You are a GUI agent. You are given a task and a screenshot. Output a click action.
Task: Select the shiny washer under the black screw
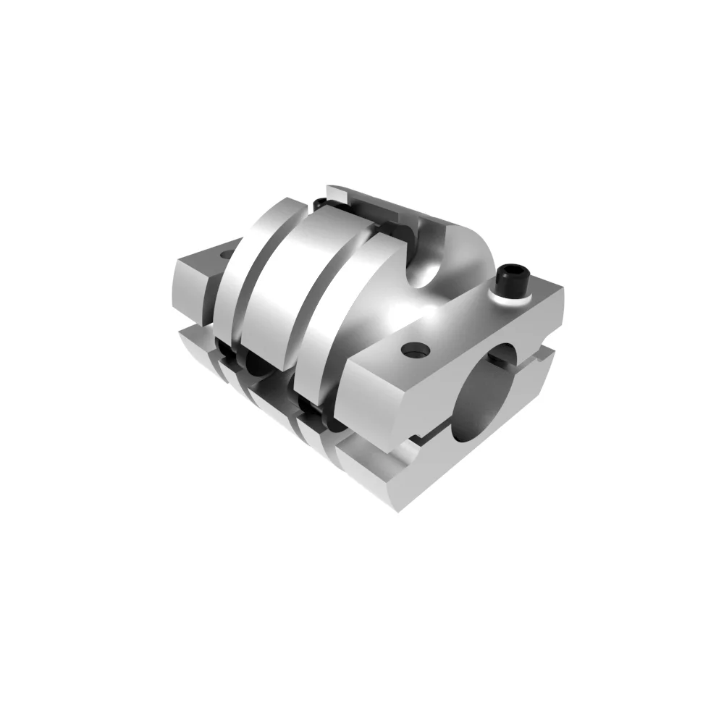(513, 294)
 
